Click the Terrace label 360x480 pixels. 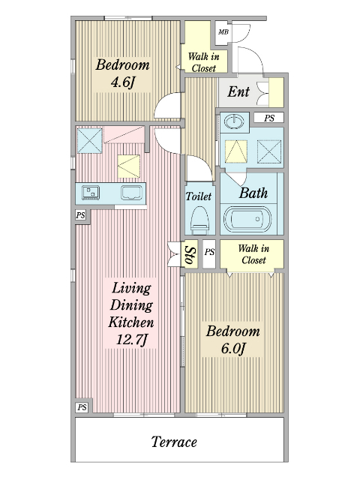[174, 442]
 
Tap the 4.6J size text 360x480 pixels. [123, 82]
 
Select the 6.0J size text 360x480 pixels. [233, 349]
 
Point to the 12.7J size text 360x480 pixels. [132, 340]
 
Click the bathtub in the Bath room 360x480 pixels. [247, 219]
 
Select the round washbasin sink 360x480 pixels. [234, 121]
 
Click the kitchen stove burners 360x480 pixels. [91, 193]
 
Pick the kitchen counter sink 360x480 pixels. [132, 193]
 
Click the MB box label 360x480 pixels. [223, 31]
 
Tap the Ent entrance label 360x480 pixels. [238, 91]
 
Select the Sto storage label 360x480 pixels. [190, 255]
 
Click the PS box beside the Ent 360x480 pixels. [269, 118]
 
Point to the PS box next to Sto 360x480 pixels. [209, 252]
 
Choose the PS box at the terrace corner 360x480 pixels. [82, 407]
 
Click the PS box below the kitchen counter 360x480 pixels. [81, 215]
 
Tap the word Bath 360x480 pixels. [253, 193]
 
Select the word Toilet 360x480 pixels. [199, 196]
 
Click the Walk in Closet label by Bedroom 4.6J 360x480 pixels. [204, 62]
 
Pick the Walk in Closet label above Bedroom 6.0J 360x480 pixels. [253, 254]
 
